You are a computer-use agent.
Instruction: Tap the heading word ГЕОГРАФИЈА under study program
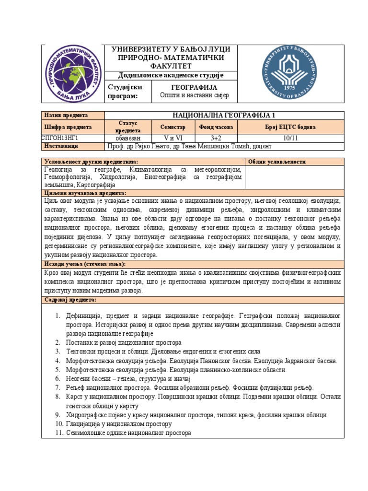(x=194, y=87)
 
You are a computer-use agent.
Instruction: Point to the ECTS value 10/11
(x=290, y=137)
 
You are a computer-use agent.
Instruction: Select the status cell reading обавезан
(x=127, y=137)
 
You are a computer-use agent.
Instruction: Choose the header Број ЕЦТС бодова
(x=290, y=127)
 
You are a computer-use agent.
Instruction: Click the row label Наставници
(x=61, y=146)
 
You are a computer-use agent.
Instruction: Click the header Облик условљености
(x=277, y=162)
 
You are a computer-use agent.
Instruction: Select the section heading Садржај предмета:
(x=70, y=299)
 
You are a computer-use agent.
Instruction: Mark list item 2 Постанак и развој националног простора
(x=124, y=342)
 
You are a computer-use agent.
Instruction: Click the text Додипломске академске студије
(x=171, y=75)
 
